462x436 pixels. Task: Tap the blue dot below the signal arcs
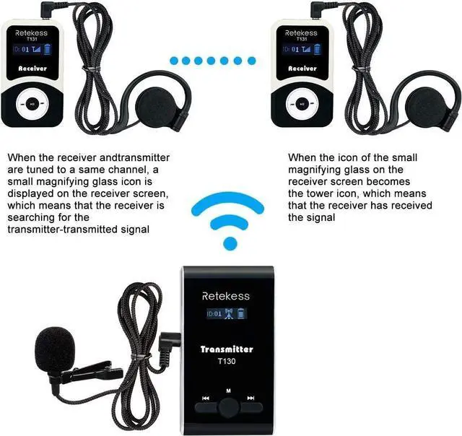230,243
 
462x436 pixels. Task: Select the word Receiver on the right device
302,69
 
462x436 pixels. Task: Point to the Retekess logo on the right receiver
302,32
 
